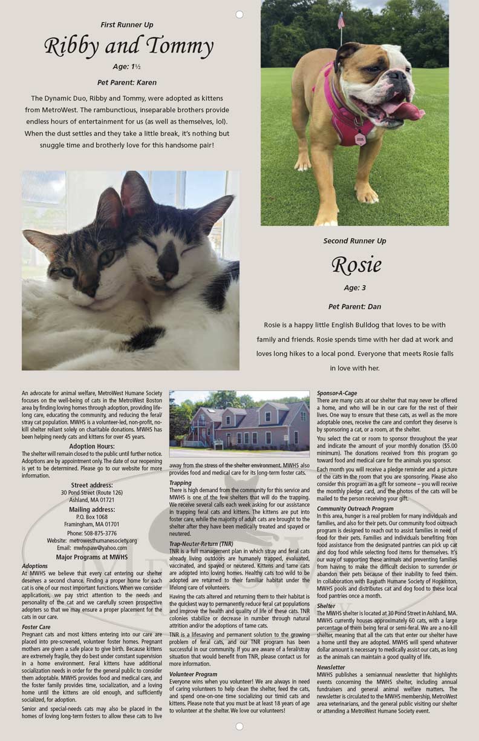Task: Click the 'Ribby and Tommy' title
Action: click(128, 47)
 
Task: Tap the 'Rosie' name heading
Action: click(357, 265)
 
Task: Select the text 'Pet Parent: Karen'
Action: click(127, 82)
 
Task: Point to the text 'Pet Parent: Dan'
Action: click(354, 307)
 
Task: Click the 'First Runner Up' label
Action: click(127, 25)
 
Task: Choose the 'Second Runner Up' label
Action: click(354, 241)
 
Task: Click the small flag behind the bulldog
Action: click(341, 21)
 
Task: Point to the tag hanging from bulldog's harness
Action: click(360, 139)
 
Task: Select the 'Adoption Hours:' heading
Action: click(92, 446)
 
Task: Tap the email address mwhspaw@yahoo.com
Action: click(100, 548)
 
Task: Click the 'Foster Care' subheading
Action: click(36, 627)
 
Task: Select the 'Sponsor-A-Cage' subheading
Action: click(337, 394)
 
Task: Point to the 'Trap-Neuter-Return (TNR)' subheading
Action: click(201, 544)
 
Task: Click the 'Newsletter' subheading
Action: click(331, 668)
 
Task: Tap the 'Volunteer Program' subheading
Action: click(194, 674)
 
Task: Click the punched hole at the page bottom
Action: click(239, 726)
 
